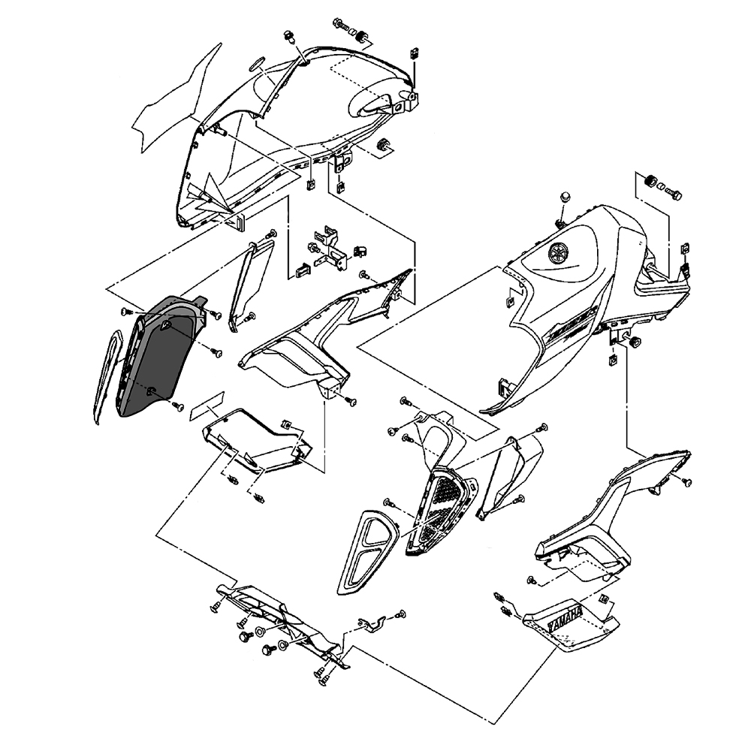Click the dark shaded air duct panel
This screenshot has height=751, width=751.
pos(161,357)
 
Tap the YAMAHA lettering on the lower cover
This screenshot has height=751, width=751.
pos(566,623)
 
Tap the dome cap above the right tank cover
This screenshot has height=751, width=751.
pos(562,197)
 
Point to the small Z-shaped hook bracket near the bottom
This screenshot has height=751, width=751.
pos(371,623)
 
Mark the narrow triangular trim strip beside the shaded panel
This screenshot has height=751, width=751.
pos(248,282)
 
